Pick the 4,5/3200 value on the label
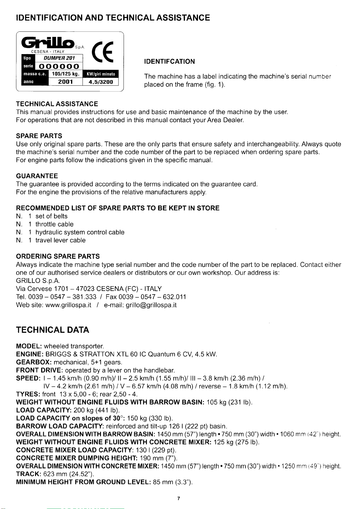100,82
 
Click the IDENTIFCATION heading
170,62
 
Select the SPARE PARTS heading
39,136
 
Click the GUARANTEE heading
37,176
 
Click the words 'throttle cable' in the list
54,224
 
